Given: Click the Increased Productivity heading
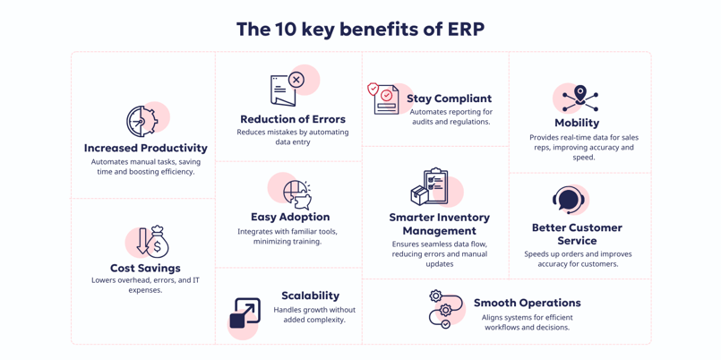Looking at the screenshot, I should click(x=146, y=148).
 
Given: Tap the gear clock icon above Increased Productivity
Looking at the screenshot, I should click(x=142, y=121).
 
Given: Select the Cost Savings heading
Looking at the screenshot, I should click(x=145, y=268).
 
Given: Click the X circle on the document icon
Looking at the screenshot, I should click(x=296, y=81).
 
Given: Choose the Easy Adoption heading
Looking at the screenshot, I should click(x=290, y=217).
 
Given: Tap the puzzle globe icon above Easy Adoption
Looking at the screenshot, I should click(x=296, y=193).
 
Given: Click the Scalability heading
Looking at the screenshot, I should click(x=310, y=296).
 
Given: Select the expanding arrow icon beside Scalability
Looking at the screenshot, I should click(x=245, y=313).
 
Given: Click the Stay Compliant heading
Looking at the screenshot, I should click(x=449, y=99).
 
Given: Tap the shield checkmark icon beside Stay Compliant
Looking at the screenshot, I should click(x=373, y=90).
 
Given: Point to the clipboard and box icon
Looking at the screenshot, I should click(x=431, y=187).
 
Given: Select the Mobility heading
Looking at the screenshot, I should click(x=577, y=123).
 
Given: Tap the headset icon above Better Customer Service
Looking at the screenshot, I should click(x=569, y=200).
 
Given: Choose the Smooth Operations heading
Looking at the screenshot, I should click(x=527, y=303).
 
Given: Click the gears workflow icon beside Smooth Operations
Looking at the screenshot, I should click(x=444, y=309).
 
